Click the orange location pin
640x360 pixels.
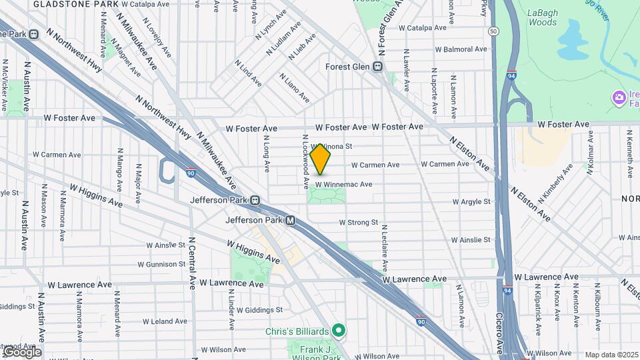[x=321, y=159]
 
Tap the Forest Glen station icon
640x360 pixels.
[x=378, y=67]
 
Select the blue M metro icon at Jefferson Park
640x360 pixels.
[x=291, y=220]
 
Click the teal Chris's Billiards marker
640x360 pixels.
[x=339, y=329]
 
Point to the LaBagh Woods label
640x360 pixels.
[x=542, y=17]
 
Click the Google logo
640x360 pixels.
[x=21, y=351]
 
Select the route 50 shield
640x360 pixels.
[x=493, y=31]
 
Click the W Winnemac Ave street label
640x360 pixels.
[x=343, y=184]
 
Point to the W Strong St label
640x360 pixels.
[x=358, y=222]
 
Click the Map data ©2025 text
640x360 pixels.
[x=612, y=355]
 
